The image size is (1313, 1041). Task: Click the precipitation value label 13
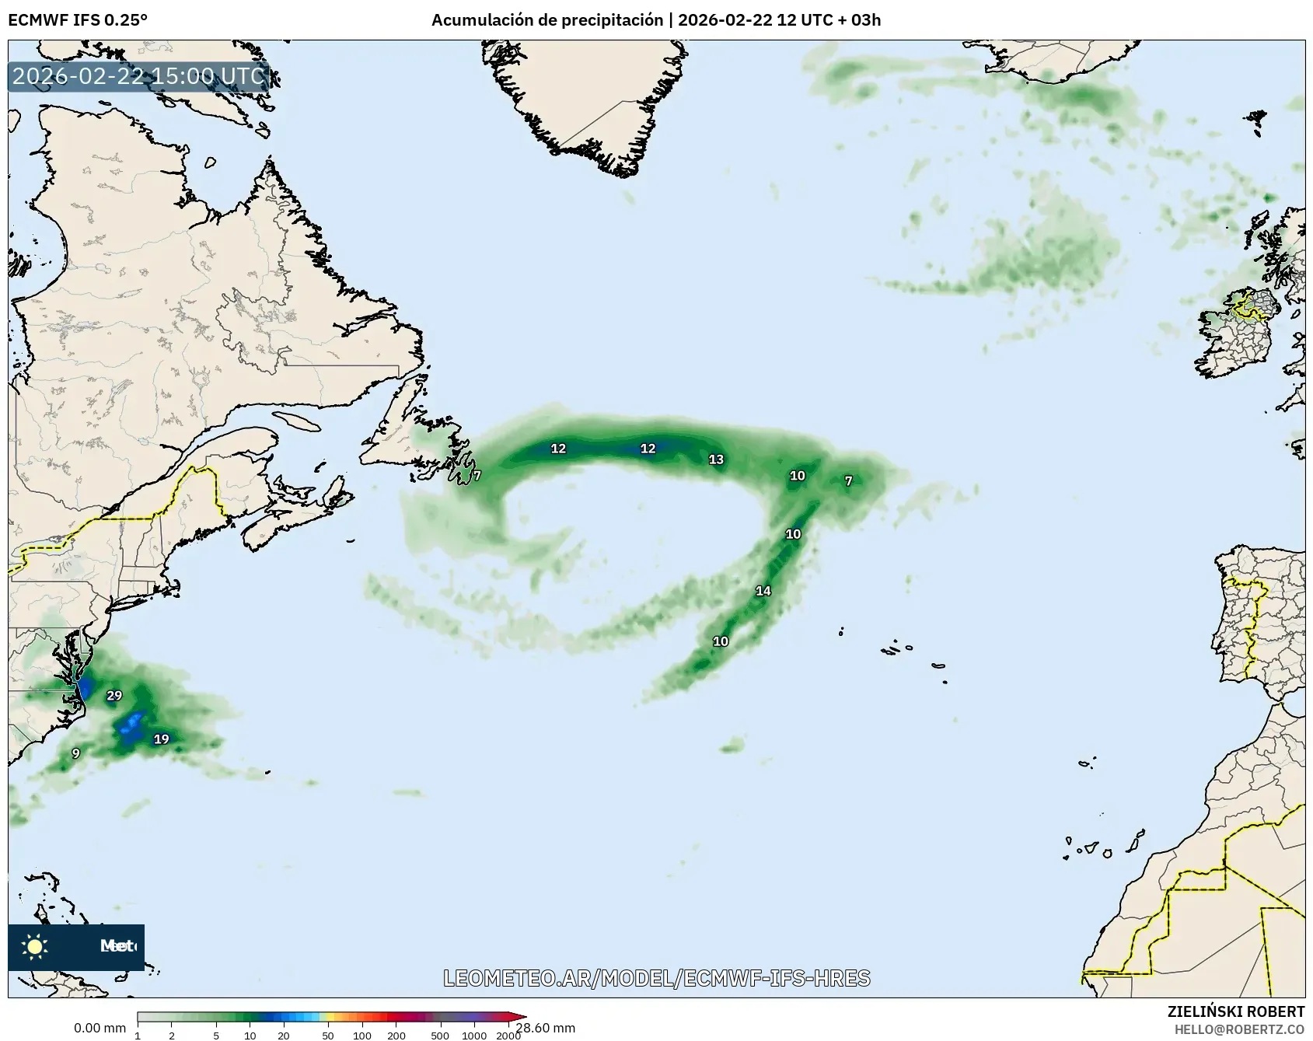(716, 459)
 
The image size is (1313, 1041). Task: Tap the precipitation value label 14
(763, 591)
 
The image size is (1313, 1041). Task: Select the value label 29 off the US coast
(114, 696)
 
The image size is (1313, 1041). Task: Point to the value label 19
(161, 739)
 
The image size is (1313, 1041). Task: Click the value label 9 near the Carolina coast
(75, 753)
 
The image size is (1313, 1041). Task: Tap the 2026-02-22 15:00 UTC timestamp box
(138, 77)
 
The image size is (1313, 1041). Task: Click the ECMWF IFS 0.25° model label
(78, 19)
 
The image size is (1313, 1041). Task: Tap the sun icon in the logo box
(35, 947)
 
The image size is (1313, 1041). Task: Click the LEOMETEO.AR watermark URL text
(656, 978)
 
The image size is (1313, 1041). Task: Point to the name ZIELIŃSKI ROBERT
(1236, 1011)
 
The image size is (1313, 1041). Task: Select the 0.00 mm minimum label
(100, 1029)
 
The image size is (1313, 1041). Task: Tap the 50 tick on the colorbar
(328, 1036)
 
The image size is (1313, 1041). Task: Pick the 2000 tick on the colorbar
(508, 1036)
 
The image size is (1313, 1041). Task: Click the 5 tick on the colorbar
(216, 1036)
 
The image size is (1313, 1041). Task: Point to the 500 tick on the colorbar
(440, 1036)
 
